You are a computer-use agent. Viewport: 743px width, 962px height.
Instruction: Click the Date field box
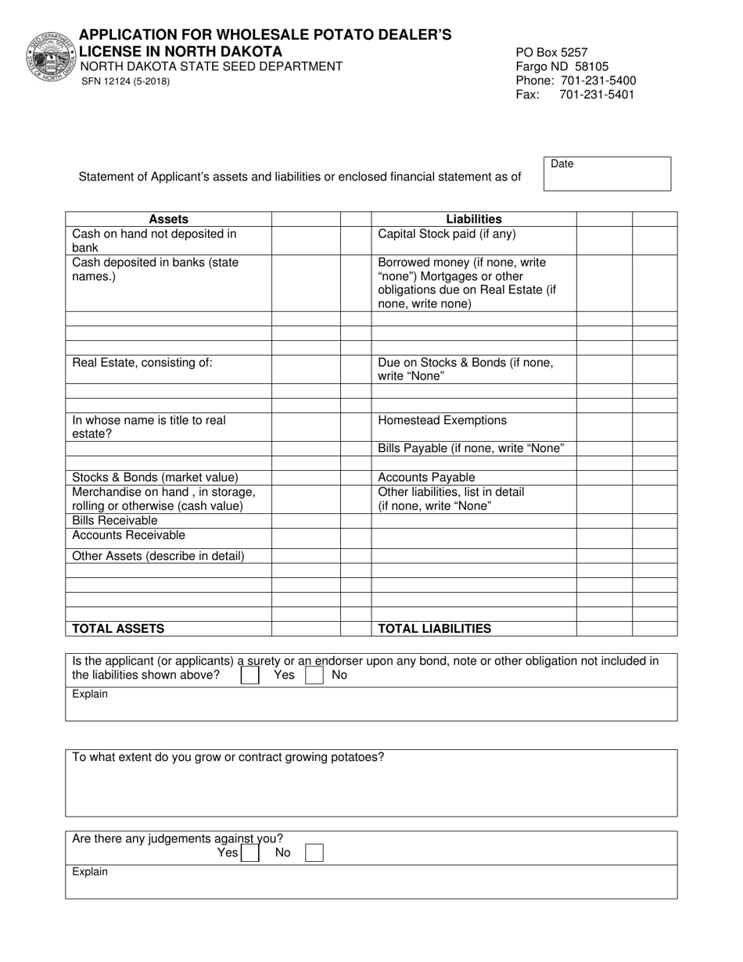point(607,174)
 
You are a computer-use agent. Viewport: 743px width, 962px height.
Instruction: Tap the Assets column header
point(168,220)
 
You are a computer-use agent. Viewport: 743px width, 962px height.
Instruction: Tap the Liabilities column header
point(474,220)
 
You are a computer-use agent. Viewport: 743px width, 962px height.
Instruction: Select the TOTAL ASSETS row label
point(118,628)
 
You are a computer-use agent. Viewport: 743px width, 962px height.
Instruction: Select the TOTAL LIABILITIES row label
point(435,628)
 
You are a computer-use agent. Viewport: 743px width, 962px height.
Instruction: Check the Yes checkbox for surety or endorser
point(250,675)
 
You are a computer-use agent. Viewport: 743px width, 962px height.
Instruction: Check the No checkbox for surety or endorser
point(314,675)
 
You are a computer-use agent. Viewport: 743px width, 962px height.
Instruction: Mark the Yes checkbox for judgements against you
point(250,853)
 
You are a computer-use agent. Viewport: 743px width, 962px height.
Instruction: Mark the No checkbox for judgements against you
point(314,853)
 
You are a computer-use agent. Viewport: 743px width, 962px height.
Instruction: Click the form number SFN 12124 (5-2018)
point(125,81)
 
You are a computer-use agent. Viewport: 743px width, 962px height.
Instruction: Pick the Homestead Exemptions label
point(442,421)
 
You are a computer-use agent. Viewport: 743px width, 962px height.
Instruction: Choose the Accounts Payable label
point(426,477)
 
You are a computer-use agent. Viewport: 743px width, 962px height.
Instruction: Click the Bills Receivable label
point(115,521)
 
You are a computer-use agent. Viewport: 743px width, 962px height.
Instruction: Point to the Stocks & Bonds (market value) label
point(155,477)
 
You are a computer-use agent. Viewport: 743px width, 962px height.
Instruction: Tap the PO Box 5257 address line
point(551,52)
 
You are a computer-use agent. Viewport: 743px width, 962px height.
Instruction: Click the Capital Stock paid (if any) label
point(447,234)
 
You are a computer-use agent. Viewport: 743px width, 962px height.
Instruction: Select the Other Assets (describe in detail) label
point(158,556)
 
